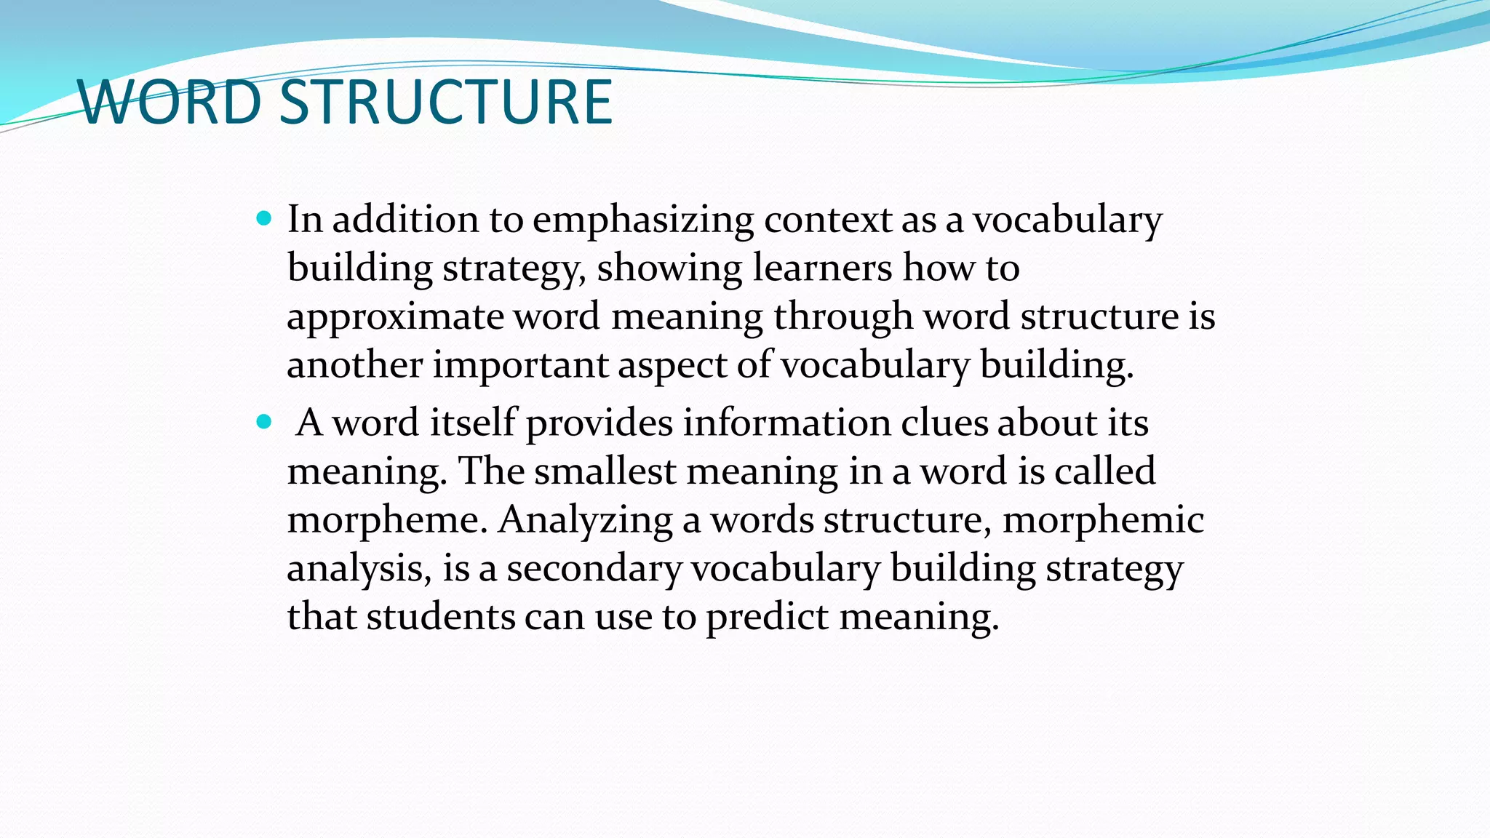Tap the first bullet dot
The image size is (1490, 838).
point(264,218)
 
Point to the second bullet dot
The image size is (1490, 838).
point(264,421)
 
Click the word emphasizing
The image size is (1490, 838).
point(643,220)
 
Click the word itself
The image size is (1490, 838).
point(472,423)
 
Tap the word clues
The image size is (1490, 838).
point(944,423)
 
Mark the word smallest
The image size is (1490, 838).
point(605,471)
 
